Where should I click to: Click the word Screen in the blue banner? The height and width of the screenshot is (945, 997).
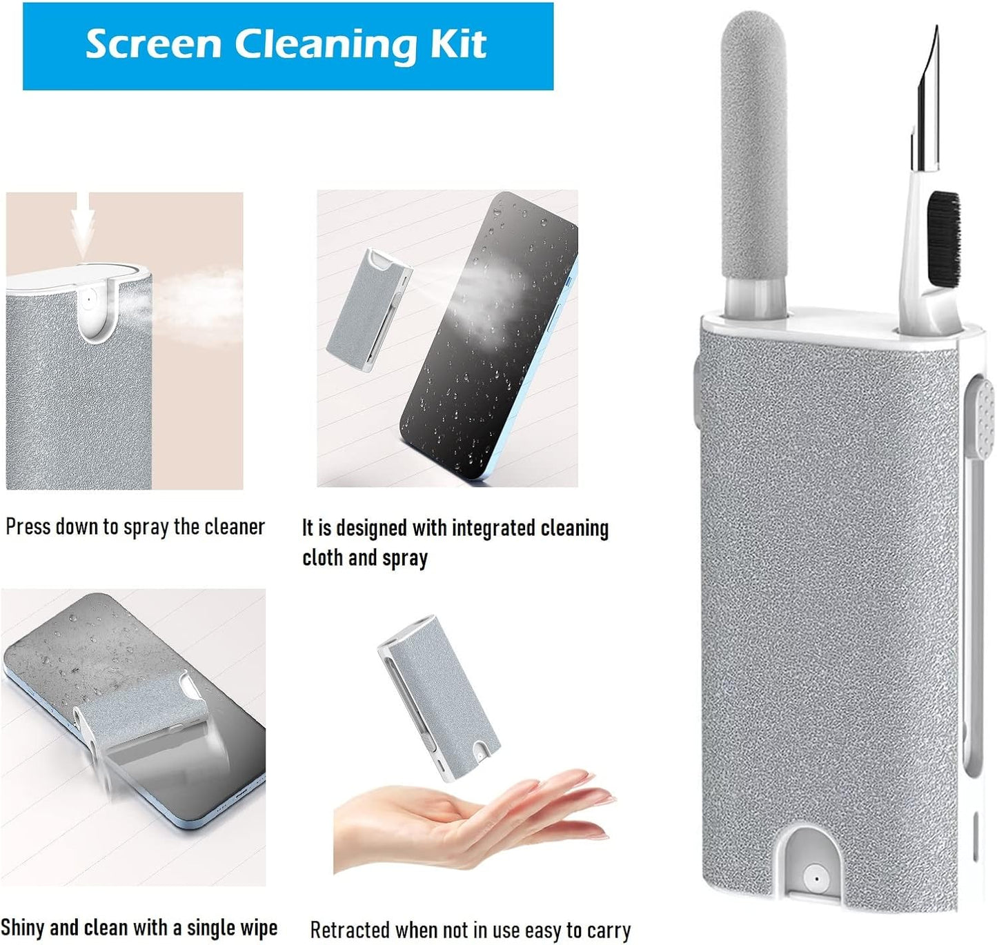154,44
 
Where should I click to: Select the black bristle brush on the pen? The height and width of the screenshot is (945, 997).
943,238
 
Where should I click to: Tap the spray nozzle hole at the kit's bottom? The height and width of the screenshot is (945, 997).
816,879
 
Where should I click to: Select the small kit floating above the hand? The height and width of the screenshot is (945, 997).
437,697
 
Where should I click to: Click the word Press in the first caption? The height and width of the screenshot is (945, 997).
28,527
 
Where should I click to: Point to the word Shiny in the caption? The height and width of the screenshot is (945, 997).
22,928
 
